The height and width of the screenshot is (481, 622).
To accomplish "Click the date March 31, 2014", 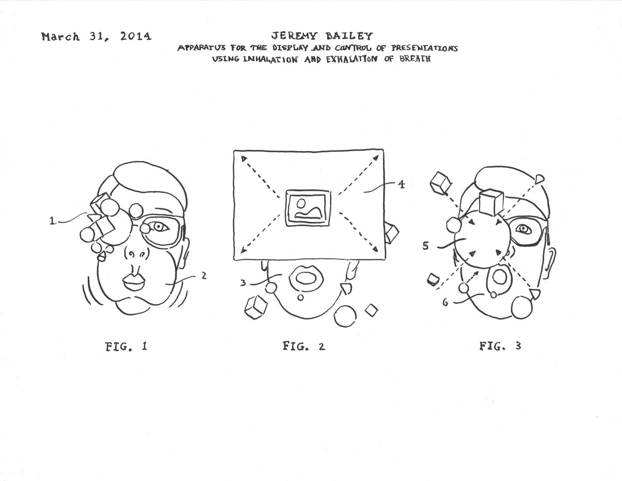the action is (96, 36).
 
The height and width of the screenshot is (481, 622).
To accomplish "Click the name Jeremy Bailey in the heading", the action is (322, 36).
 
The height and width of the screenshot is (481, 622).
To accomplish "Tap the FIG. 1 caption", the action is (126, 347).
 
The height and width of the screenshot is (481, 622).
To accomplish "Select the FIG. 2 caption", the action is (304, 346).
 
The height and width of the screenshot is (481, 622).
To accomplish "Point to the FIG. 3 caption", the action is (500, 346).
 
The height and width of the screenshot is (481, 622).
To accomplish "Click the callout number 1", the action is (52, 220).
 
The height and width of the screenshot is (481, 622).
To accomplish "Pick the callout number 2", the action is (204, 275).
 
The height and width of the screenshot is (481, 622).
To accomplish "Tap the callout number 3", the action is (243, 283).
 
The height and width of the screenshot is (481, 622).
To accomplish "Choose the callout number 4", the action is (401, 185).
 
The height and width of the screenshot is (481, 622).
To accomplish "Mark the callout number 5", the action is (425, 246).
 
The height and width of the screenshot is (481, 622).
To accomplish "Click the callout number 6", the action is (445, 303).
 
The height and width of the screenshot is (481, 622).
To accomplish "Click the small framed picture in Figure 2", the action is (308, 209).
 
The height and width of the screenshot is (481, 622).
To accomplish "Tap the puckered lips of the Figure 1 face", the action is (134, 281).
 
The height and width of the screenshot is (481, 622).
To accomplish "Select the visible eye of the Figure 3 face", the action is (524, 229).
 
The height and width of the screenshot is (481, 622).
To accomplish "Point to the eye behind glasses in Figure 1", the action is (160, 227).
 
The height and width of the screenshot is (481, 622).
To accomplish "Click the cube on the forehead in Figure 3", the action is (491, 202).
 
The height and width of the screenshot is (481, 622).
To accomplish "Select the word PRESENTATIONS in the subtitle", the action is (424, 48).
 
